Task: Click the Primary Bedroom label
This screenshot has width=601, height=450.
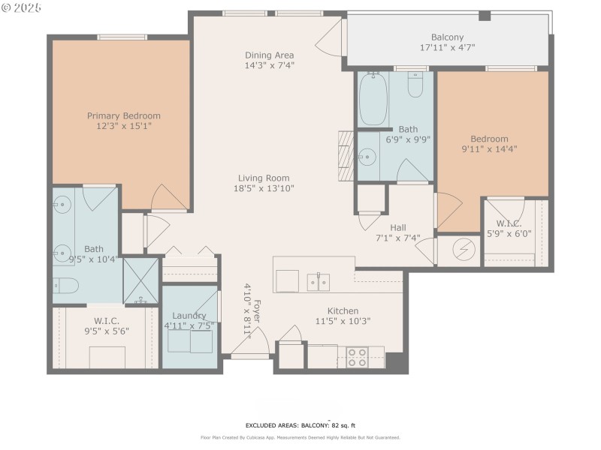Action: (124, 115)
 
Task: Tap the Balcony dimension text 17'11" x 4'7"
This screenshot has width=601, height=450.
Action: (447, 47)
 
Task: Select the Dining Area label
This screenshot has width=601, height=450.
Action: (269, 55)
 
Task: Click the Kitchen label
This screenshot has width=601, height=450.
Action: (342, 310)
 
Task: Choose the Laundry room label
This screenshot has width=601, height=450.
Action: (189, 316)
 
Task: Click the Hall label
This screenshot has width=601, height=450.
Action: (397, 228)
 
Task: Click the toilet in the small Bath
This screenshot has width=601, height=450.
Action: (415, 86)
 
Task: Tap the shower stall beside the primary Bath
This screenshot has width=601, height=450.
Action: (141, 280)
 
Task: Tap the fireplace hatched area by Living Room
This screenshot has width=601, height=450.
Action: (346, 155)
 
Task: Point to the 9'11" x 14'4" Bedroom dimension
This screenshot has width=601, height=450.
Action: (489, 148)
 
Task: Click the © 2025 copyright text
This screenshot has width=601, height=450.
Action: (22, 7)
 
